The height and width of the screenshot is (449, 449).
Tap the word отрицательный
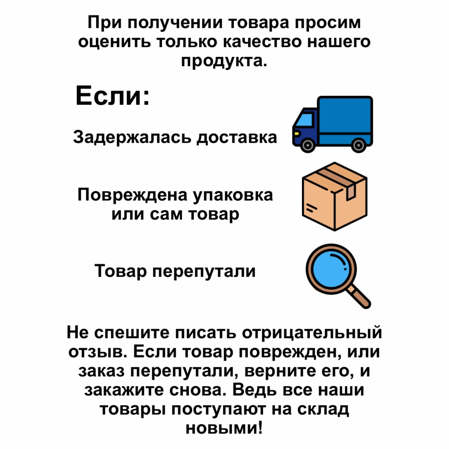[312, 333]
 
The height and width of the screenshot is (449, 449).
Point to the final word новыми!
[224, 428]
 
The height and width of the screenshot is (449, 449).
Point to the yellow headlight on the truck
[296, 133]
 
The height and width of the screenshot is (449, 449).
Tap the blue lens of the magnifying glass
[331, 269]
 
